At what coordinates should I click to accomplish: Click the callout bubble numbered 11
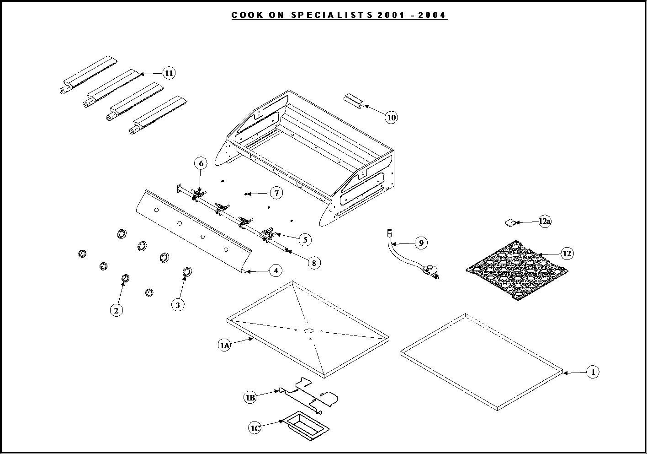pos(169,73)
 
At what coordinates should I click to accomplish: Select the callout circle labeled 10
pos(391,118)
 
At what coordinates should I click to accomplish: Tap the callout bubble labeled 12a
pos(545,222)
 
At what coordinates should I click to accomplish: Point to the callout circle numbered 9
pos(421,243)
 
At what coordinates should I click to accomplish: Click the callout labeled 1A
pos(224,346)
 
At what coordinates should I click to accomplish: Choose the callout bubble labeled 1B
pos(250,398)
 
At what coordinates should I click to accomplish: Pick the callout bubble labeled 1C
pos(255,428)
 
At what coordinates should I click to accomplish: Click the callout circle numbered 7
pos(276,193)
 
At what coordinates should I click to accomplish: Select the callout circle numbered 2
pos(116,310)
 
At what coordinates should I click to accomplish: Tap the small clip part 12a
pos(510,223)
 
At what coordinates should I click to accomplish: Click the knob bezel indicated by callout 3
pos(187,272)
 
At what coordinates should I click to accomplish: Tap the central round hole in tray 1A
pos(308,330)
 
